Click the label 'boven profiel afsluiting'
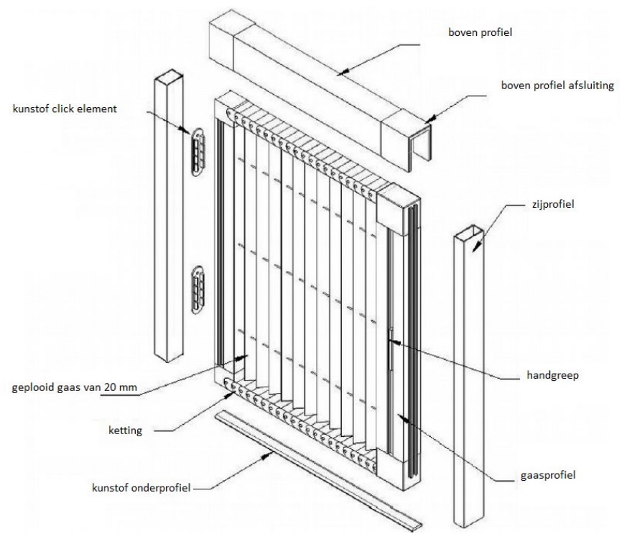557,86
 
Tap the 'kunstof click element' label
65,109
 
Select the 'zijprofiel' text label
553,205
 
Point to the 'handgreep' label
552,375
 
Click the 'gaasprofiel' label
548,475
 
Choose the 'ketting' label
125,430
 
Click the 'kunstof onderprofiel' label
141,488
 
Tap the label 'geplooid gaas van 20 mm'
75,387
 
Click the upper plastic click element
198,152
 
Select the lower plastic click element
198,290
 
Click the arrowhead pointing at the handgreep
394,342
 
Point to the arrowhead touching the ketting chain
231,395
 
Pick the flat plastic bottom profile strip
318,471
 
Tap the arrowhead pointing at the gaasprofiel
403,418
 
